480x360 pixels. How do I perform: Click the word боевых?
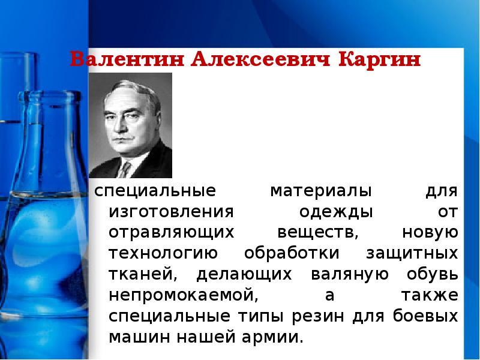tap(428, 316)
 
